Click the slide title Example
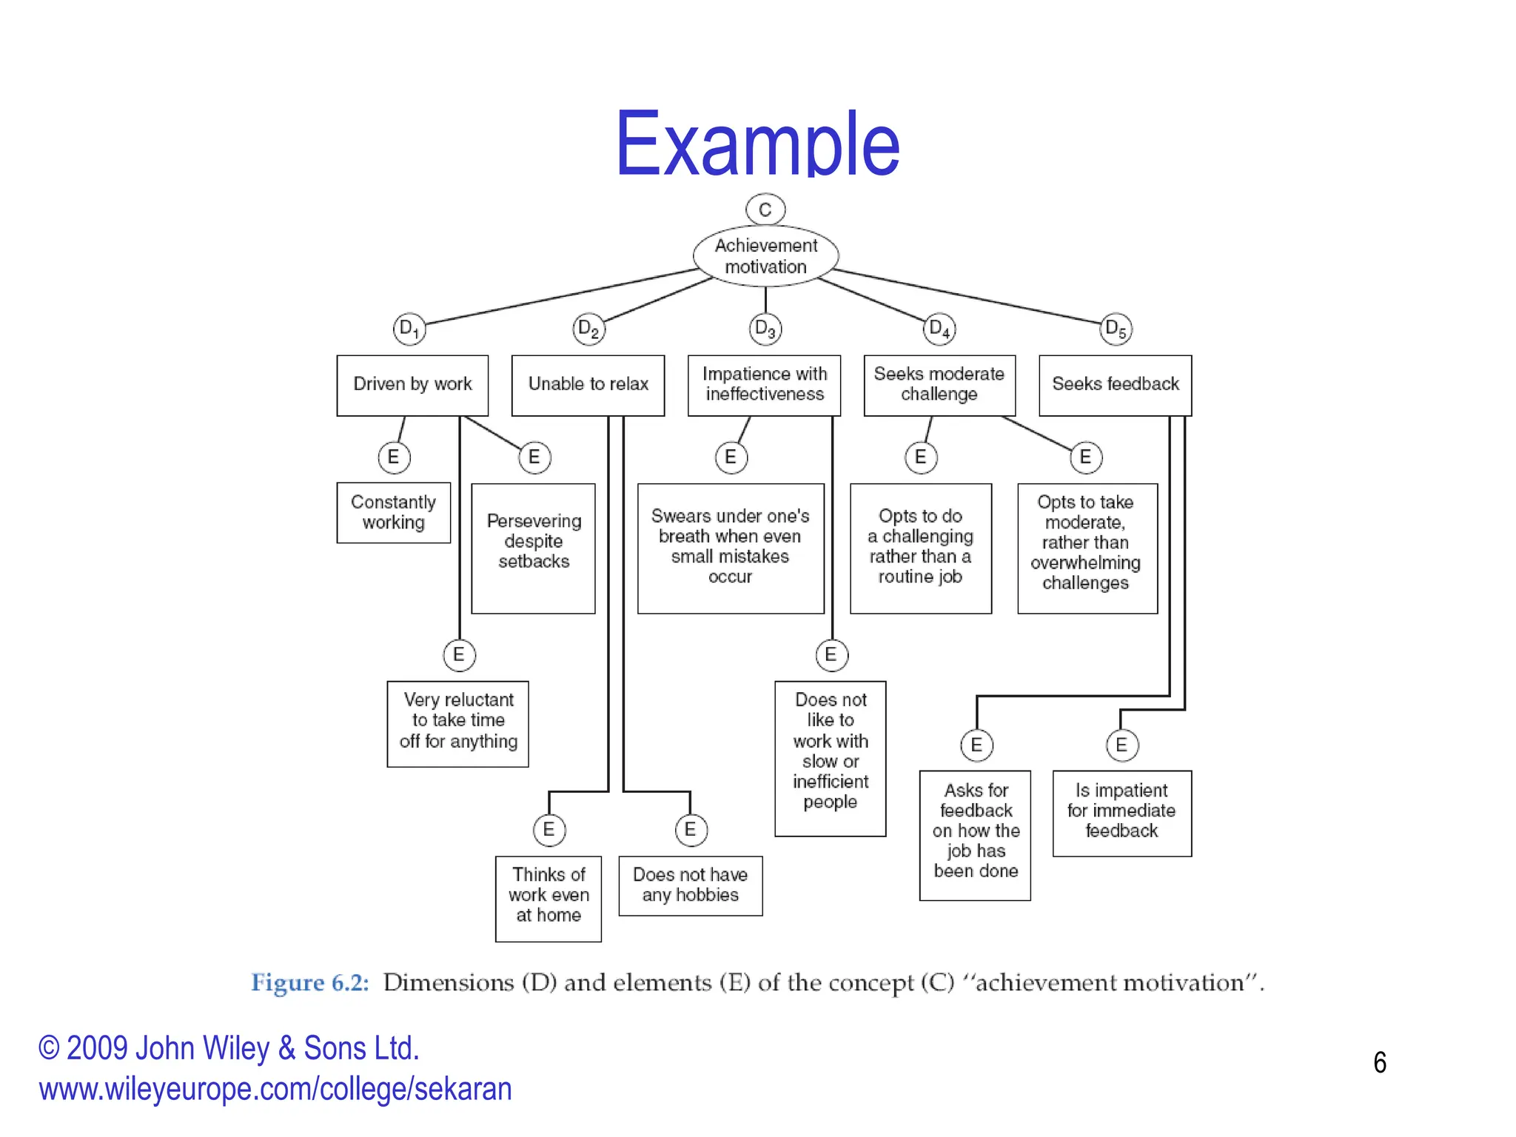pos(757,144)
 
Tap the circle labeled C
pos(765,209)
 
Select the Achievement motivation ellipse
pos(765,256)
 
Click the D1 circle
pos(409,328)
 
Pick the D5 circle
pos(1116,328)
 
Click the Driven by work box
pos(412,385)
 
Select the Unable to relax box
pos(588,385)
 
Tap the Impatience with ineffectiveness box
pos(764,385)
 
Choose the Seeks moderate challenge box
pos(939,385)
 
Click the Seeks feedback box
pos(1115,385)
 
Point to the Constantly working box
pos(393,512)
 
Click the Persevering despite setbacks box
pos(533,548)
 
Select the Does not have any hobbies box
pos(690,885)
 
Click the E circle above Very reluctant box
pos(459,655)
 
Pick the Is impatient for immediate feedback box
pos(1121,813)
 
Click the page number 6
pos(1379,1063)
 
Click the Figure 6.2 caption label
pos(310,983)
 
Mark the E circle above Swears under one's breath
pos(731,457)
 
